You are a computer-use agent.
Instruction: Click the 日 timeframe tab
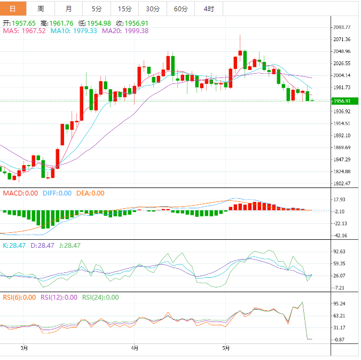(x=13, y=9)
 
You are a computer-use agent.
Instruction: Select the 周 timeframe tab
(x=41, y=9)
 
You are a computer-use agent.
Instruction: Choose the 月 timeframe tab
(x=69, y=9)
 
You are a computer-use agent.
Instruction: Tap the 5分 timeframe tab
(x=97, y=9)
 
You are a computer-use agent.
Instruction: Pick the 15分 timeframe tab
(x=124, y=9)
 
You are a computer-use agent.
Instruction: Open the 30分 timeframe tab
(x=153, y=9)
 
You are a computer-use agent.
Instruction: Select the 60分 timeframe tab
(x=181, y=9)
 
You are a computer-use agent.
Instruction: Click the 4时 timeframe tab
(x=209, y=9)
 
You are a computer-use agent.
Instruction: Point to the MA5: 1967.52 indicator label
(x=25, y=31)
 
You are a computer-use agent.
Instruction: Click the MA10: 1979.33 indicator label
(x=74, y=31)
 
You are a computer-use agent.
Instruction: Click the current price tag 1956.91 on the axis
(x=341, y=101)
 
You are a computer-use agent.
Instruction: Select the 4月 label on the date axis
(x=135, y=348)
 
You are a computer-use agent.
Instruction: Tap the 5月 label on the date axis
(x=226, y=348)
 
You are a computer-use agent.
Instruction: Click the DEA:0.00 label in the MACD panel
(x=90, y=193)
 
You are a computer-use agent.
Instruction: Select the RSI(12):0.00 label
(x=59, y=298)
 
